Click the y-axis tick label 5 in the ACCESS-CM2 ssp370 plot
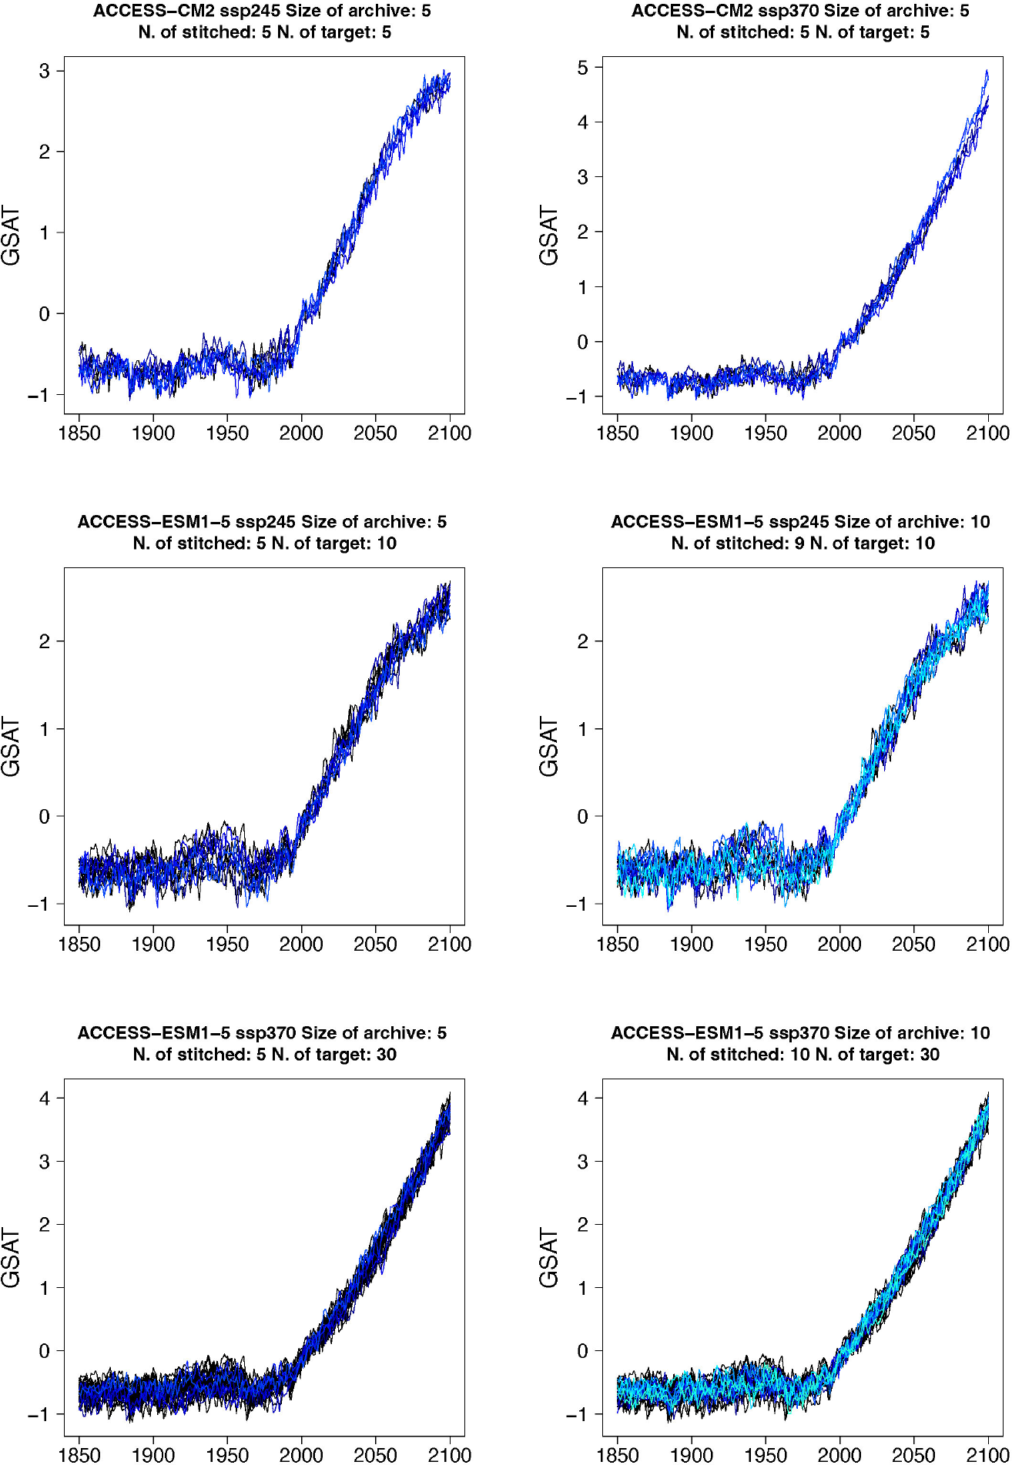click(x=583, y=68)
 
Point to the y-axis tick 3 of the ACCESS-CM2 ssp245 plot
click(x=45, y=72)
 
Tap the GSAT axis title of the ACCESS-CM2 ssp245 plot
click(x=11, y=236)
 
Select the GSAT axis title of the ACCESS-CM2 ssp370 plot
click(x=548, y=236)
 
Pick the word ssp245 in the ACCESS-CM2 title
click(x=250, y=11)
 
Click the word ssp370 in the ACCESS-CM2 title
click(x=789, y=11)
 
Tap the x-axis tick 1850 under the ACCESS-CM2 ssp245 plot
click(x=79, y=433)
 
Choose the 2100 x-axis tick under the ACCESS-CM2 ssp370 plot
click(x=987, y=433)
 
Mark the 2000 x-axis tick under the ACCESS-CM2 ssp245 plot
click(x=301, y=433)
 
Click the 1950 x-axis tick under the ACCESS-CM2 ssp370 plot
click(x=766, y=433)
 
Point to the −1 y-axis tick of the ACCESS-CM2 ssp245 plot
click(x=39, y=396)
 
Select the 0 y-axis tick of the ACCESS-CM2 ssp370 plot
click(x=583, y=343)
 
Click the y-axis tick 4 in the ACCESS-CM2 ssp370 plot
click(x=583, y=122)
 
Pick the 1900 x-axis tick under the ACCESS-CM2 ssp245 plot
click(x=153, y=433)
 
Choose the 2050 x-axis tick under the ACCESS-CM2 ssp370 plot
click(x=913, y=433)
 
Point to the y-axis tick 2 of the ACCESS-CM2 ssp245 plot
click(x=45, y=152)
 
